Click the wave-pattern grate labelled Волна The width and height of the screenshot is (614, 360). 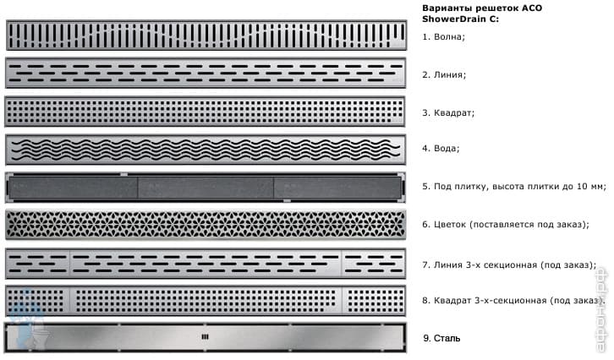click(206, 35)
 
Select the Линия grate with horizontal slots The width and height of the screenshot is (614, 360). click(206, 74)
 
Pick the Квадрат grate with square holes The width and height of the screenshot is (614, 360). click(206, 111)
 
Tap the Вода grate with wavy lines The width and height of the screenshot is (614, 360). click(206, 149)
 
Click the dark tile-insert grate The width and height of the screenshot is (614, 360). click(206, 186)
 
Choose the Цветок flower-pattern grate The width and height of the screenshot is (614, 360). click(206, 225)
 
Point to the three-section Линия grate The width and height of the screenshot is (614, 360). click(206, 264)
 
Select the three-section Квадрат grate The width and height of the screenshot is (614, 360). click(206, 300)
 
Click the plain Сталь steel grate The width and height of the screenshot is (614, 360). click(206, 337)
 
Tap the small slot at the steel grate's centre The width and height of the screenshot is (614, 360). click(203, 337)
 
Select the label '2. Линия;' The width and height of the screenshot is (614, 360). click(444, 74)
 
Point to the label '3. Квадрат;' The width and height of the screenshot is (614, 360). click(448, 112)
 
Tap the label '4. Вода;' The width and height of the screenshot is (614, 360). click(441, 149)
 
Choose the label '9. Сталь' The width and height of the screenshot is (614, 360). click(441, 338)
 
